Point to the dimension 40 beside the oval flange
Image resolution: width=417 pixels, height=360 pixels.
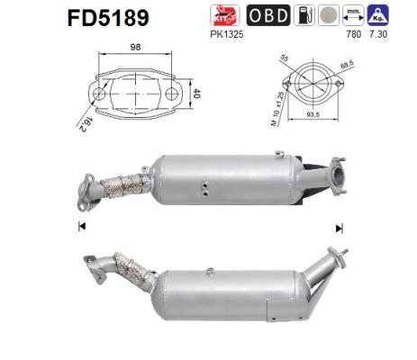click(x=200, y=93)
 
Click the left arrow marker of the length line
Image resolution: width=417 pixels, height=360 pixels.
click(x=82, y=226)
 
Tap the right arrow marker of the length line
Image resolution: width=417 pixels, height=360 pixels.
click(x=339, y=226)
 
